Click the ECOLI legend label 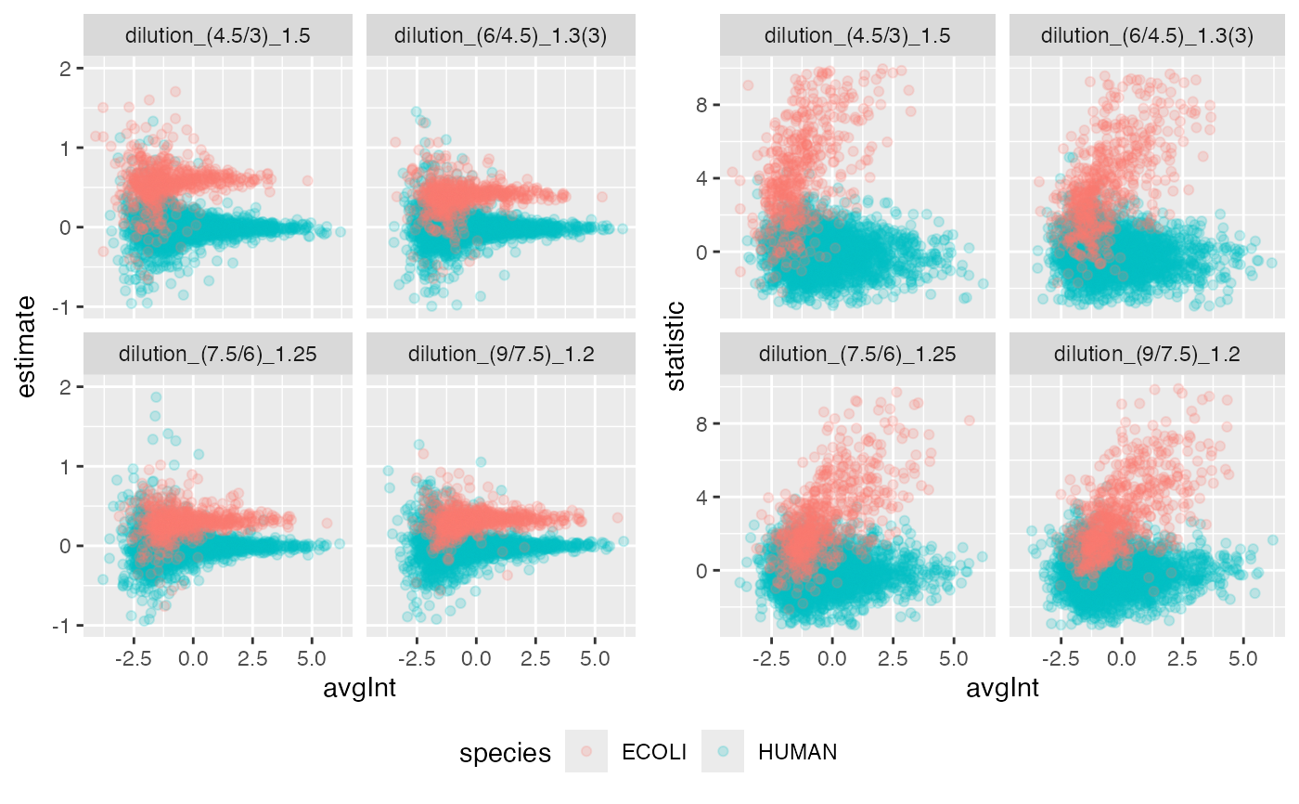click(x=654, y=752)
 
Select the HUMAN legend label click(x=797, y=752)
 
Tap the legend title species click(x=505, y=752)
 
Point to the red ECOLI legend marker click(x=585, y=751)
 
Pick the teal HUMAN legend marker click(x=722, y=751)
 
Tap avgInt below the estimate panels click(x=359, y=690)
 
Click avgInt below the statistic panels click(x=1001, y=690)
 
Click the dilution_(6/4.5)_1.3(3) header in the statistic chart click(x=1147, y=36)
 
